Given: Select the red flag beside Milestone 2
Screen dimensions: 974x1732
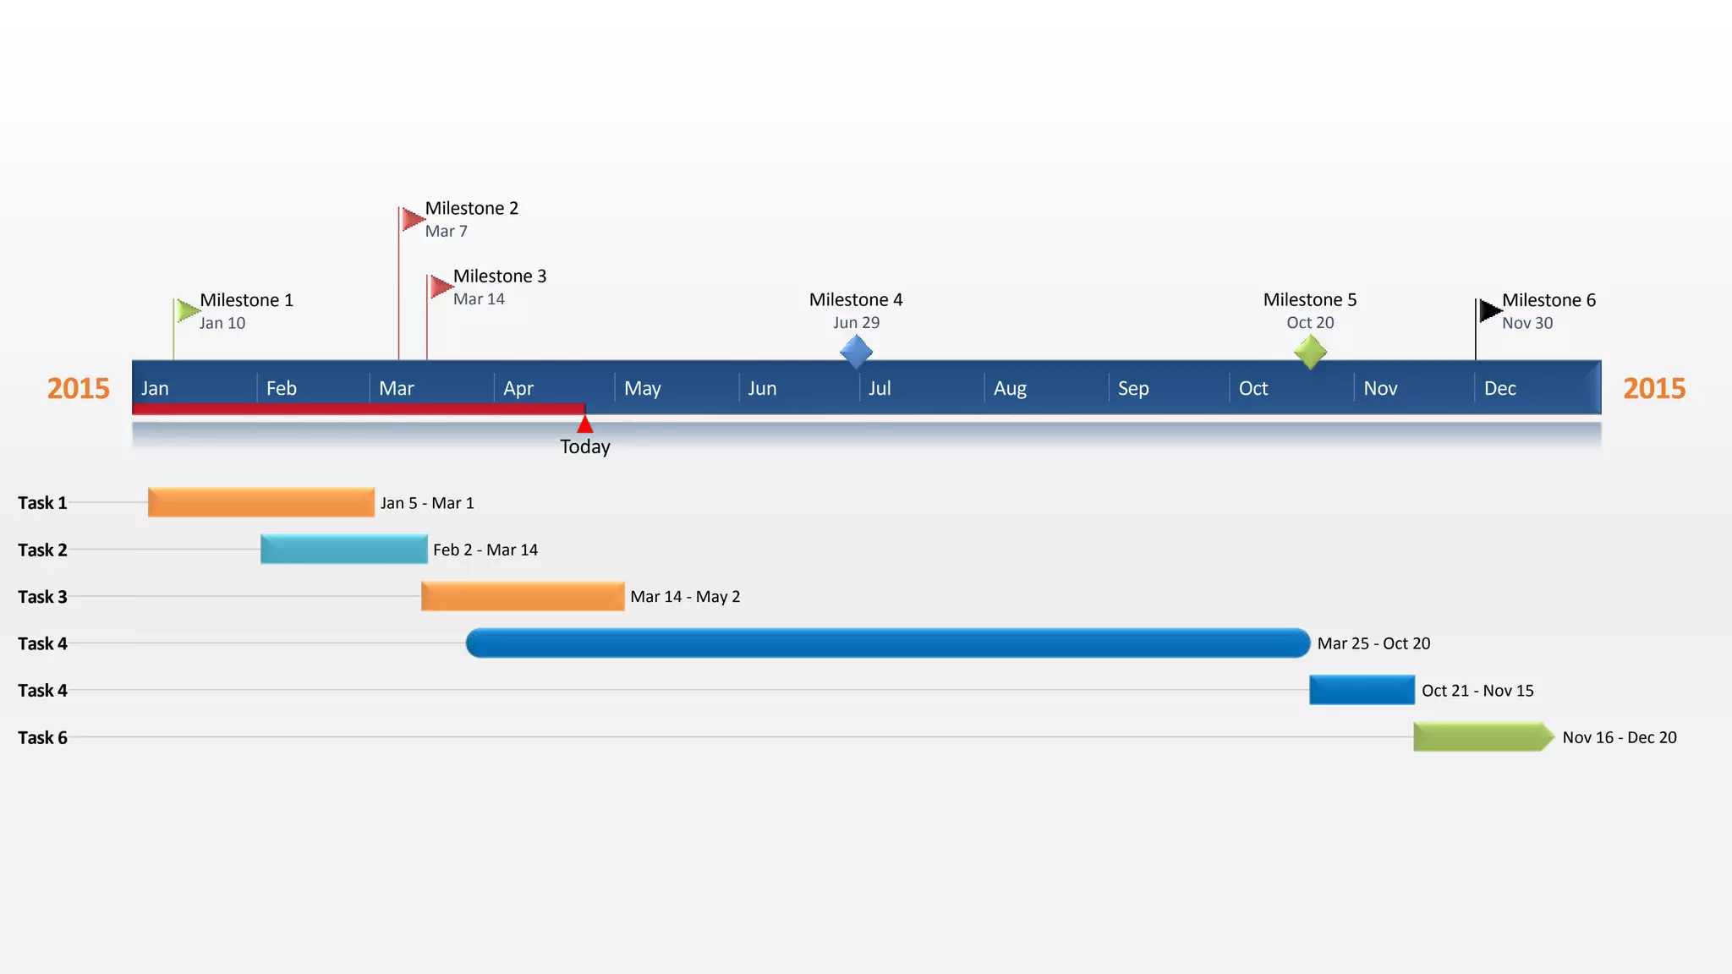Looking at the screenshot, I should point(413,219).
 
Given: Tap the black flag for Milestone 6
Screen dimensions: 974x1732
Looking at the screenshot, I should point(1489,311).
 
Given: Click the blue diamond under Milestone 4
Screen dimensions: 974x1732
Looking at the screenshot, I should point(856,352).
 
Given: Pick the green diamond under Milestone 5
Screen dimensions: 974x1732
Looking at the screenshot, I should point(1310,352).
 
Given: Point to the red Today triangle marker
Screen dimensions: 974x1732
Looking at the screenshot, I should point(585,424).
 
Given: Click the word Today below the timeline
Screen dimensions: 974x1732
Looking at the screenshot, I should point(585,447).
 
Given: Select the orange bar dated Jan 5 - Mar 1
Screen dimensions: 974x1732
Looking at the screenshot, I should point(260,502).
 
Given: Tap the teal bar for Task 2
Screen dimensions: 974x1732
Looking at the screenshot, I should point(343,550).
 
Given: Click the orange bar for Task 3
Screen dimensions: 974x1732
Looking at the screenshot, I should point(523,596).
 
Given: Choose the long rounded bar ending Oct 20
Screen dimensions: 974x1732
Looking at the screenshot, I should point(888,643).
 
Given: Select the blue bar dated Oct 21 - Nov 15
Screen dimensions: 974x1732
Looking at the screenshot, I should point(1362,690).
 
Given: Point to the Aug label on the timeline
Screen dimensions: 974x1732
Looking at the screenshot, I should point(1010,389).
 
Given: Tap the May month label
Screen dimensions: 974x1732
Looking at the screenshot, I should point(643,389).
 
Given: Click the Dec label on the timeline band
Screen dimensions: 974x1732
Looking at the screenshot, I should point(1500,389).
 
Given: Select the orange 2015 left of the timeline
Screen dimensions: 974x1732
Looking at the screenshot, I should point(79,389).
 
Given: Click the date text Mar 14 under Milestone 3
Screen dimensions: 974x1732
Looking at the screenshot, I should point(479,299).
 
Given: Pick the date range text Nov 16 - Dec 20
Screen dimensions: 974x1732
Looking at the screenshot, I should point(1620,737).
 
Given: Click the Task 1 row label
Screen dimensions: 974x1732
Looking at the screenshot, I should point(42,503).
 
